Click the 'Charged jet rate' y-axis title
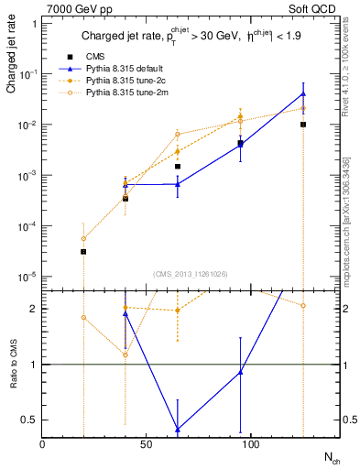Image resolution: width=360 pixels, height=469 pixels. [11, 57]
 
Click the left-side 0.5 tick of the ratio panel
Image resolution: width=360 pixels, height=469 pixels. [32, 420]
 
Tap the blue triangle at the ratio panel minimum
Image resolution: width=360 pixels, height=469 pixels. [178, 429]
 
